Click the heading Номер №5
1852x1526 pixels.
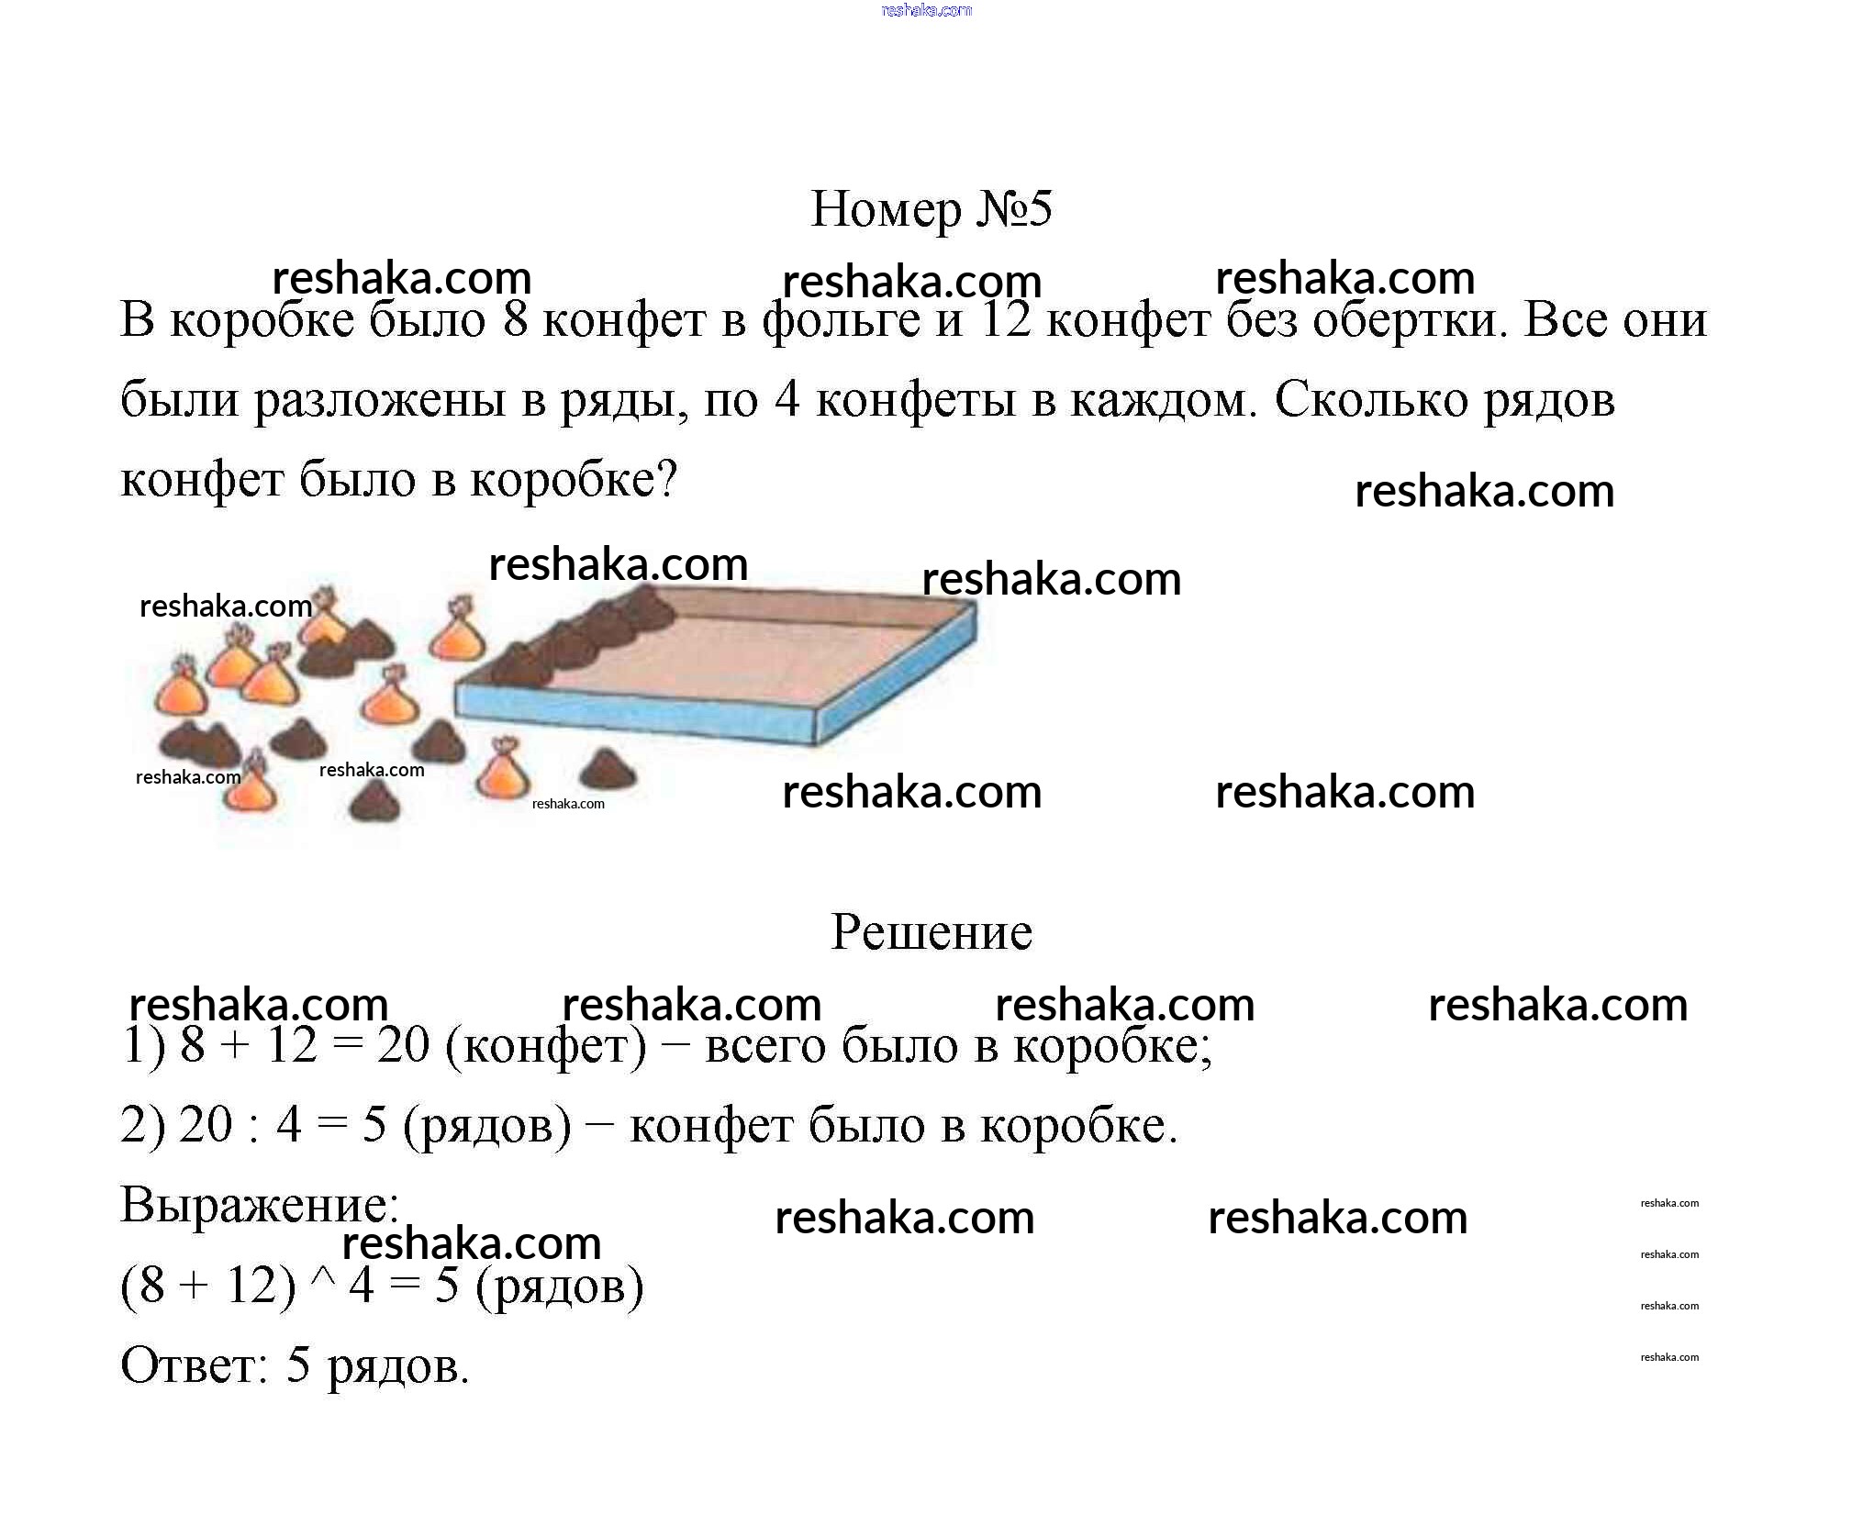[931, 209]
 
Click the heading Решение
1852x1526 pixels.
[931, 932]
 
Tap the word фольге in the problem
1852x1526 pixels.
[841, 321]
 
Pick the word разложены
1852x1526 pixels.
[380, 401]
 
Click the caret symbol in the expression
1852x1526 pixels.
[323, 1278]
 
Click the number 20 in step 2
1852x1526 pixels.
[206, 1125]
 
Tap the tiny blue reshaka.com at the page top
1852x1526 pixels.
[926, 10]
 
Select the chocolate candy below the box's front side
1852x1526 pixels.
[608, 770]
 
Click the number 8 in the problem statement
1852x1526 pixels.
[516, 320]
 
